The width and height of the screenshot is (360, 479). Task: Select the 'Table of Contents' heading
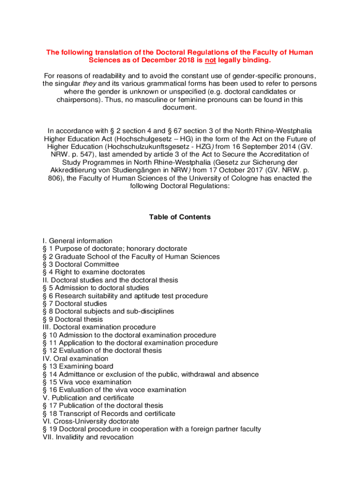pyautogui.click(x=180, y=217)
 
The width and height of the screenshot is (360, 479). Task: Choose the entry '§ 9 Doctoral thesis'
pyautogui.click(x=72, y=319)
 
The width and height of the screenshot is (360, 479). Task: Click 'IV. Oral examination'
pyautogui.click(x=75, y=359)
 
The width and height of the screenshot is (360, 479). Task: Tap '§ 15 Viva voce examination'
pyautogui.click(x=87, y=382)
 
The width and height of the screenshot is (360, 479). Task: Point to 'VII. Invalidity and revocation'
pyautogui.click(x=88, y=437)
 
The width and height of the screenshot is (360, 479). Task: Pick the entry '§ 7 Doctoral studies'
pyautogui.click(x=74, y=304)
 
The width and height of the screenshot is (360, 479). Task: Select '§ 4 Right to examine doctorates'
pyautogui.click(x=94, y=272)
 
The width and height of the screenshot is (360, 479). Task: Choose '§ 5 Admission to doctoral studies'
pyautogui.click(x=96, y=288)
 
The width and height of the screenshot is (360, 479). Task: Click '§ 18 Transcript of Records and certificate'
pyautogui.click(x=109, y=414)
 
